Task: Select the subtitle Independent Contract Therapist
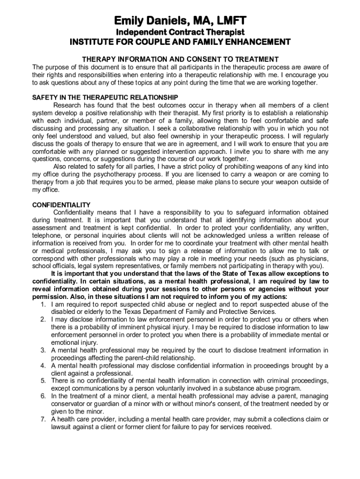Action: [180, 32]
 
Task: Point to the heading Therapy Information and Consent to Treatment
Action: [180, 59]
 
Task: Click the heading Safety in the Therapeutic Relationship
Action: [105, 97]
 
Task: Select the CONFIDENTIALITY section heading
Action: [61, 205]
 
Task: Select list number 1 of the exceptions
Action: [43, 305]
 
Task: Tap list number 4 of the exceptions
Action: [43, 366]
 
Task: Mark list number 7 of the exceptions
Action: [43, 419]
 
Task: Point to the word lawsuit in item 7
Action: [62, 427]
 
